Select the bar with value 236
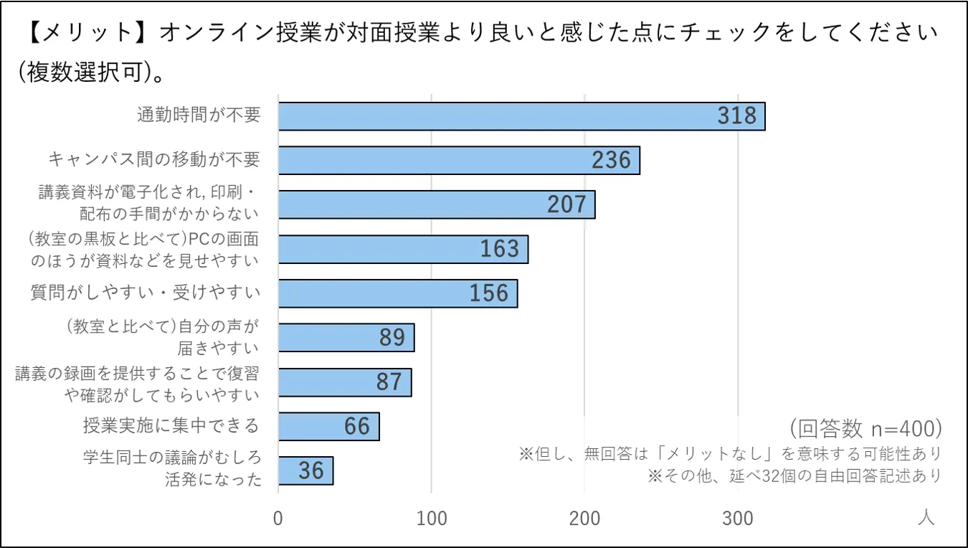430,161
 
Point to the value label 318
737,116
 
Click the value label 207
567,205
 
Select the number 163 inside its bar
500,249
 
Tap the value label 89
392,338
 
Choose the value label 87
389,382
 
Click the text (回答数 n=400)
865,428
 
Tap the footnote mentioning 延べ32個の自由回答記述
794,476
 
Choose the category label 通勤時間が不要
199,115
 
